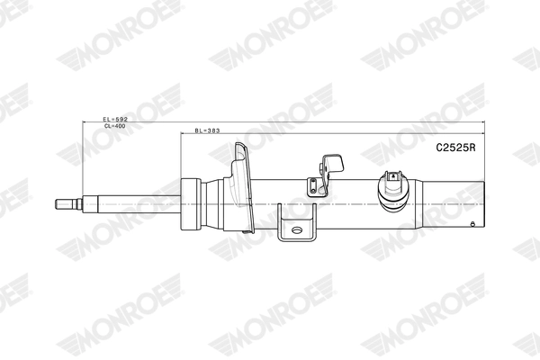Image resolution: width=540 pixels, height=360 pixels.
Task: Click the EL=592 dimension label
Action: point(115,119)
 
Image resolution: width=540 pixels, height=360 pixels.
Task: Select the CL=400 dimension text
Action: point(115,126)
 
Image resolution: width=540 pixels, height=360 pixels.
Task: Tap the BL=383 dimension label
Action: point(207,130)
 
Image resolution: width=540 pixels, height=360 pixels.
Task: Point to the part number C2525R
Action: point(455,148)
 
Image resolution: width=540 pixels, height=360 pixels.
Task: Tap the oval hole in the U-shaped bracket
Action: point(297,229)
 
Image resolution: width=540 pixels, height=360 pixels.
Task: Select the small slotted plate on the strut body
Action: point(313,186)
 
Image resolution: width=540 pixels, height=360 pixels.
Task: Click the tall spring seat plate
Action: point(244,188)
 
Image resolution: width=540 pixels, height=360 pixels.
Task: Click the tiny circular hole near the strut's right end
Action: point(472,225)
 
